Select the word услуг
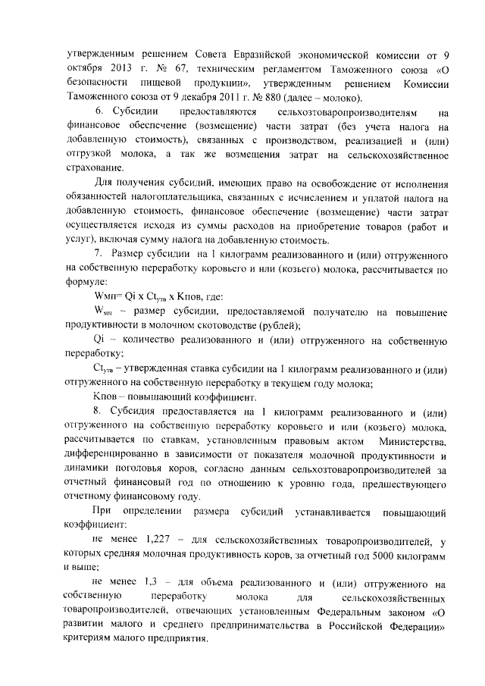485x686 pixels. [79, 240]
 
